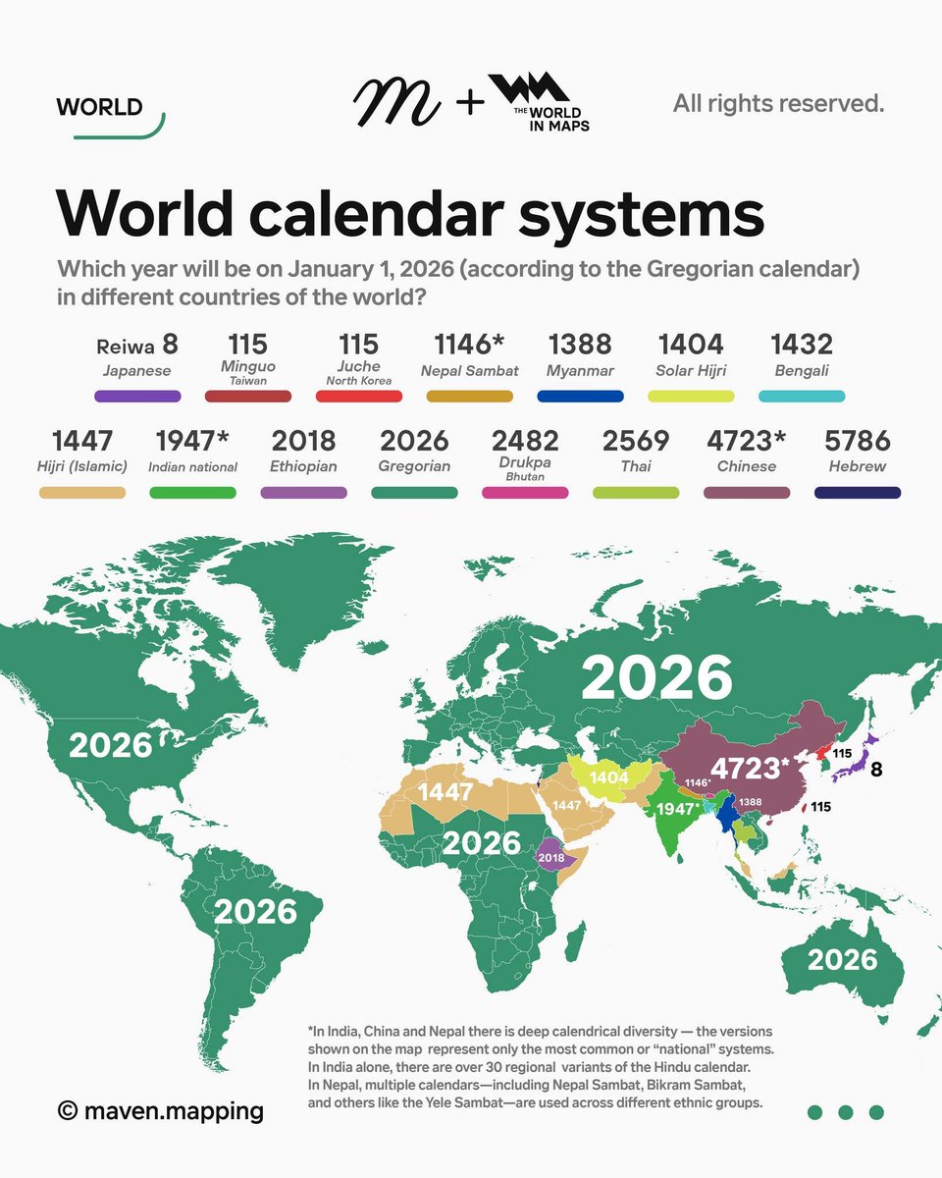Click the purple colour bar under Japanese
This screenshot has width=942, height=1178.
[137, 397]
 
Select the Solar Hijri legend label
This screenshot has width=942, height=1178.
[691, 371]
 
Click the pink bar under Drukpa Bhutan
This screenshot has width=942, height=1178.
[525, 492]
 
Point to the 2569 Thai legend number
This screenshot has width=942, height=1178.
[635, 440]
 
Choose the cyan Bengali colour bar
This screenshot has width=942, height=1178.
[802, 397]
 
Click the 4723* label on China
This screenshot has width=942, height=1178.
[751, 768]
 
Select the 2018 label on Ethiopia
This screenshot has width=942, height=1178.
[551, 857]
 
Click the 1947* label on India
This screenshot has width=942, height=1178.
[678, 810]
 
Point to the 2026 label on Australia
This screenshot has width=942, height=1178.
[842, 958]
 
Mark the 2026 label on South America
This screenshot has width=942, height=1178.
[255, 912]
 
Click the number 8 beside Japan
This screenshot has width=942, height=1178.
[876, 769]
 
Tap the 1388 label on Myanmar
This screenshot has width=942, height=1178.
[750, 803]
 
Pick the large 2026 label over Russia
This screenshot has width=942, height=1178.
[656, 678]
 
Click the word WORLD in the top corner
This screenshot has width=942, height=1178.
[100, 106]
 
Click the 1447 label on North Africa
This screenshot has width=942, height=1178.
[447, 791]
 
